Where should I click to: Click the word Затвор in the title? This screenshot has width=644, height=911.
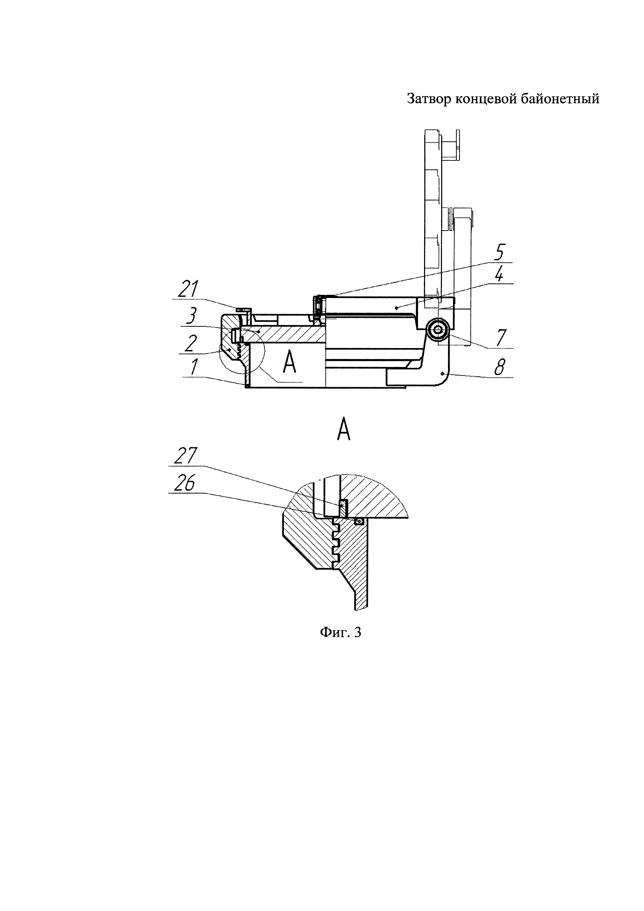(430, 99)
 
